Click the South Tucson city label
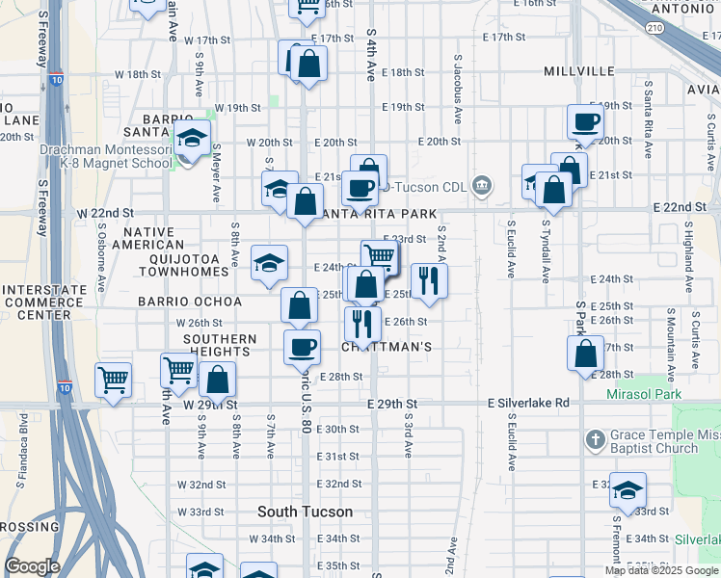point(305,512)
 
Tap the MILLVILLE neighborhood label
point(578,71)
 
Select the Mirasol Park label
point(644,394)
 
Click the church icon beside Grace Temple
point(595,440)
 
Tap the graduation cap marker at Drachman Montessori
point(192,140)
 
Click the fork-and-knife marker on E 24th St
point(429,280)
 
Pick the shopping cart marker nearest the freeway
point(113,380)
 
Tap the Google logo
point(32,566)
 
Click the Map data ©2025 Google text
point(661,570)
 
